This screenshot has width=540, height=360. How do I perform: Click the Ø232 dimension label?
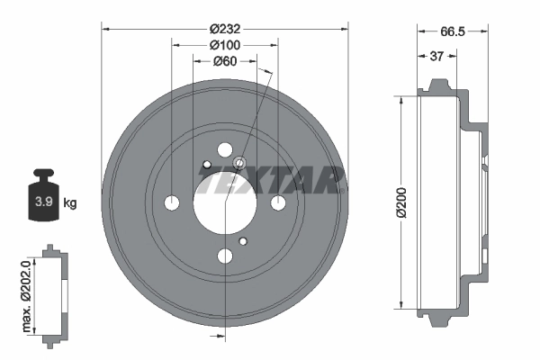(224, 29)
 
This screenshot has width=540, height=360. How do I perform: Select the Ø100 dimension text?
(224, 45)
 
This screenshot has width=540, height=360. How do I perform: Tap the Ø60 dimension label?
(224, 61)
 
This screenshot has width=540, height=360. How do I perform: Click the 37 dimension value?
(436, 57)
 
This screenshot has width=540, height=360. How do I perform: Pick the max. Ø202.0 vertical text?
(27, 292)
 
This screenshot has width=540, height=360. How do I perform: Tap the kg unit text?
(70, 203)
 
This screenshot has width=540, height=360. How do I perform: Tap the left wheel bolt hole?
(171, 202)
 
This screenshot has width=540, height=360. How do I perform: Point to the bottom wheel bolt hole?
(224, 256)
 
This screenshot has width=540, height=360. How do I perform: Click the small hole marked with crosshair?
(240, 163)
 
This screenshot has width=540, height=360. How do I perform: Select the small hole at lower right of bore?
(243, 241)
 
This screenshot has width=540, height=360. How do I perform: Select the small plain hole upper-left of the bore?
(206, 164)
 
